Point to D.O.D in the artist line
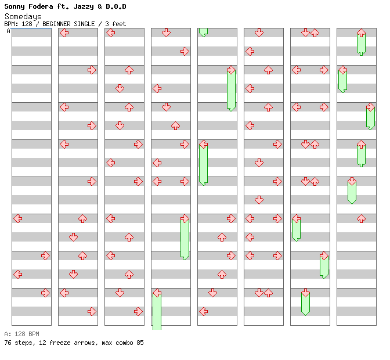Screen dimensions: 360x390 click(115, 6)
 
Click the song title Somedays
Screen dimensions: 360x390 click(23, 16)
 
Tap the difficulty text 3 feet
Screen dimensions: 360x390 click(115, 24)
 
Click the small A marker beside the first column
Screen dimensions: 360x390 click(8, 31)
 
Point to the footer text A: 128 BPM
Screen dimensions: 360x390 click(21, 334)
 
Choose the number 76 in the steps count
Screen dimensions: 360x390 click(8, 343)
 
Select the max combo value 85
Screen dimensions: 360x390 click(140, 343)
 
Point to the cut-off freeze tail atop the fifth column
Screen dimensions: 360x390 click(203, 32)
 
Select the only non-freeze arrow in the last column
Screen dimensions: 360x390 click(361, 218)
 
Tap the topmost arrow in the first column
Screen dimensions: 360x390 click(17, 218)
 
